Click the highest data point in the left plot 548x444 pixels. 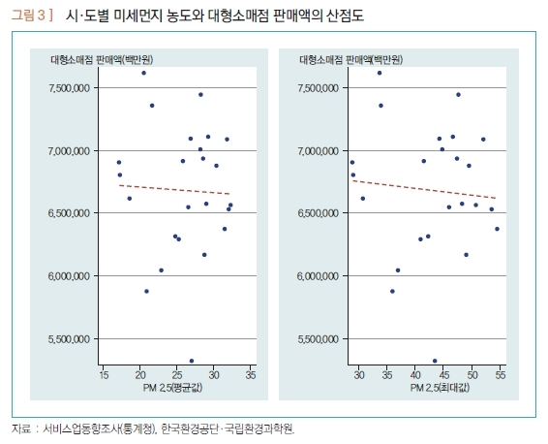(x=143, y=73)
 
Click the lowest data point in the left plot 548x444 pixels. (x=192, y=361)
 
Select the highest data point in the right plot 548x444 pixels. (x=380, y=73)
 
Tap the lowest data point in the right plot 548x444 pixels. (x=435, y=361)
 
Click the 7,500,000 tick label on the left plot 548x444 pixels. (x=70, y=88)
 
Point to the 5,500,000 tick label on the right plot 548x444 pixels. (x=318, y=339)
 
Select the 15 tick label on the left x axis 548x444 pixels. (x=104, y=375)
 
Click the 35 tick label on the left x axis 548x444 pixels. (x=251, y=375)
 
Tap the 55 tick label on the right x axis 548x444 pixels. (x=501, y=375)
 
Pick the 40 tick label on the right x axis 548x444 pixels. (x=415, y=375)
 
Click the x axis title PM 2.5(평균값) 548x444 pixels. (x=172, y=388)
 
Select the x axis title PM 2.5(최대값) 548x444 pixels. (x=440, y=388)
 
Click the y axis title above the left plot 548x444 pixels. (x=102, y=60)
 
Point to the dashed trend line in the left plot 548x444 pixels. (x=174, y=189)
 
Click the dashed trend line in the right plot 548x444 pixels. (x=424, y=189)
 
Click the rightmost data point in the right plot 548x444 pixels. (x=497, y=229)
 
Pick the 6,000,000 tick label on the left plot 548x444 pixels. (x=70, y=276)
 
